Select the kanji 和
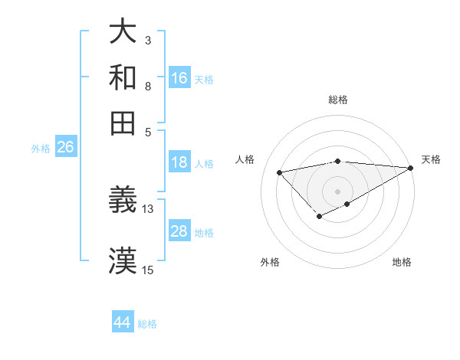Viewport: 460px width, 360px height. [x=123, y=77]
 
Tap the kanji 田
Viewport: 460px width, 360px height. [x=123, y=123]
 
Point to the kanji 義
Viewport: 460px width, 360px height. [x=123, y=201]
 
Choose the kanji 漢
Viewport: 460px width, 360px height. [x=123, y=260]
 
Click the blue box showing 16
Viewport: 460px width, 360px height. [x=179, y=77]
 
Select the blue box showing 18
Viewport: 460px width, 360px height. [x=179, y=162]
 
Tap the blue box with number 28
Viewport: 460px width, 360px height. [x=179, y=231]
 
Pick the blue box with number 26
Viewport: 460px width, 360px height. [x=65, y=148]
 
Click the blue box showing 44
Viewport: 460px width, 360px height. [x=123, y=322]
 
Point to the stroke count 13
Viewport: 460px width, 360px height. [x=148, y=208]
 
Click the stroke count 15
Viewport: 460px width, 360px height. [x=148, y=270]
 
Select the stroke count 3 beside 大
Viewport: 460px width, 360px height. [x=148, y=39]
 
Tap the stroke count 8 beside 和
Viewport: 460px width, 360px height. [x=148, y=86]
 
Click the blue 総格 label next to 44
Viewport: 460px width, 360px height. [x=147, y=324]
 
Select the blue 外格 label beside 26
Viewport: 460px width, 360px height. [x=41, y=149]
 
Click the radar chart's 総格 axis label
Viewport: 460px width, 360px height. [x=338, y=100]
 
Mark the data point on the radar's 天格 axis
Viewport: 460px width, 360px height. [x=412, y=168]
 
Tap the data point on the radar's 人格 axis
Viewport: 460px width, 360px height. [x=279, y=172]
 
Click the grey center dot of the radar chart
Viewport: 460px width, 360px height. [x=338, y=191]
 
